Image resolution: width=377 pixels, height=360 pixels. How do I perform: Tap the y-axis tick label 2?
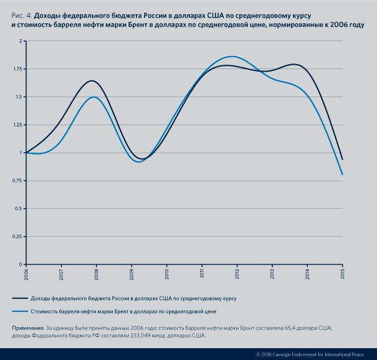click(19, 41)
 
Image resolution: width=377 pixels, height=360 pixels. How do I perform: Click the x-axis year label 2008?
click(97, 273)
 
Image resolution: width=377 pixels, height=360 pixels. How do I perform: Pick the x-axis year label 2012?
click(237, 273)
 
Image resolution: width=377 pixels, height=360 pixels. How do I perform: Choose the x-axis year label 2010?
click(167, 273)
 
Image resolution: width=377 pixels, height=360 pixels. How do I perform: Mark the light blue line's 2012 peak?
click(232, 57)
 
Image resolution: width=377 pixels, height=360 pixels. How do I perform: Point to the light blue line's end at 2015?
click(343, 174)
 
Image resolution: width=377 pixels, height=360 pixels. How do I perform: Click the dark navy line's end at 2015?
click(343, 159)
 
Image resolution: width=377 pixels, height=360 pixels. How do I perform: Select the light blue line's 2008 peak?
click(94, 97)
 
